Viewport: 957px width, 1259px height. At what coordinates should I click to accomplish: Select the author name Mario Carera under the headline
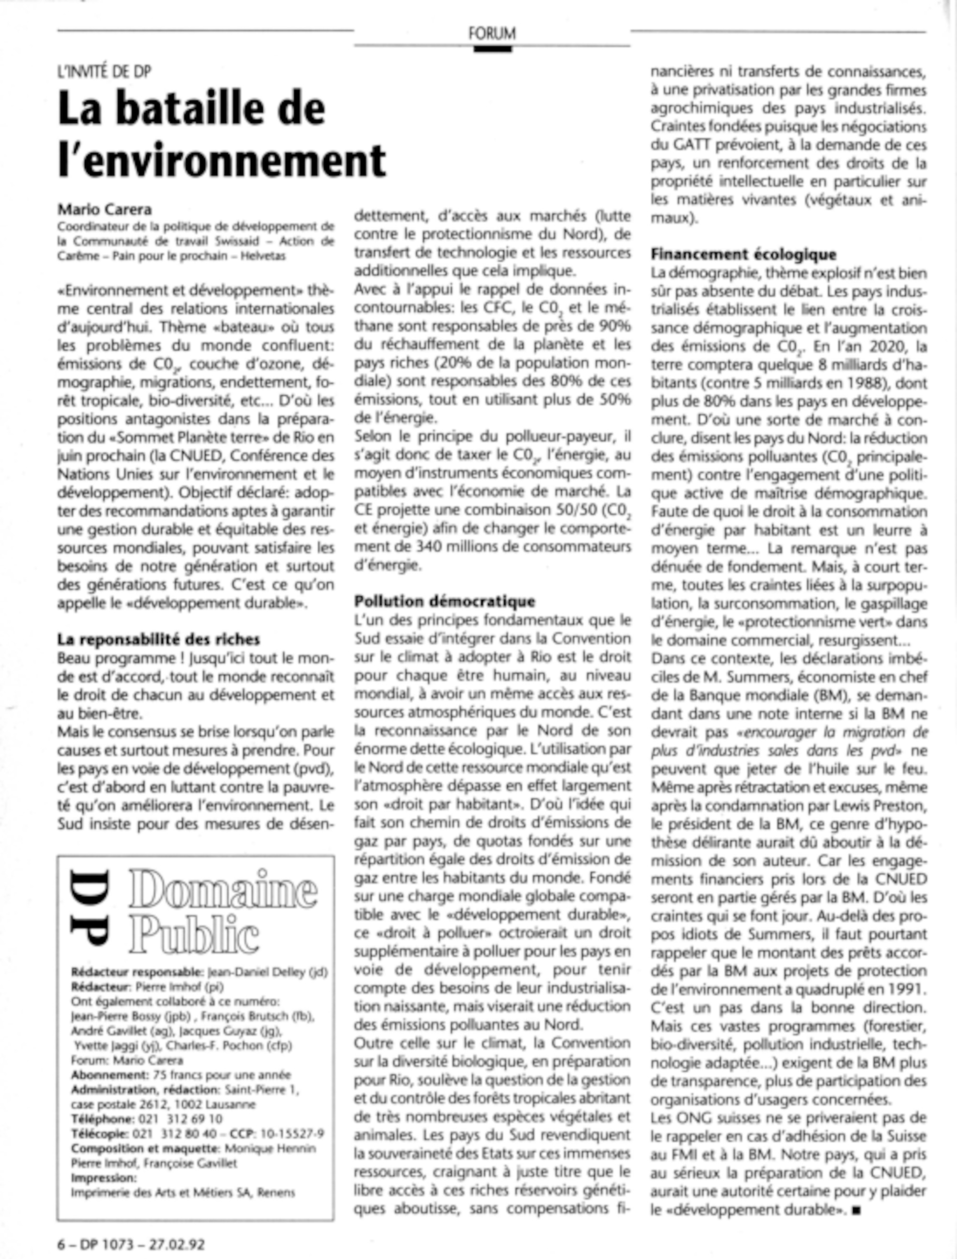click(x=104, y=210)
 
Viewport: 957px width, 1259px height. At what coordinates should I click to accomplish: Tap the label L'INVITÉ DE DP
click(x=104, y=72)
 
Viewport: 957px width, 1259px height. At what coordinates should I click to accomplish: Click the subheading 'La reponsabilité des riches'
click(x=158, y=639)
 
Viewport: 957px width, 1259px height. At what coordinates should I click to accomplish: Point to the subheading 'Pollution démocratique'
click(x=445, y=601)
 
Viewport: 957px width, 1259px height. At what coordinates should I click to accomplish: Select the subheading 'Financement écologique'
click(x=744, y=254)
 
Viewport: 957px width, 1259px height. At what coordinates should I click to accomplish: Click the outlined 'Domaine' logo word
click(x=223, y=890)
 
